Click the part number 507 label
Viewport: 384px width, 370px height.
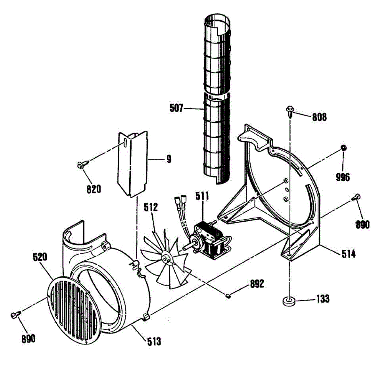176,108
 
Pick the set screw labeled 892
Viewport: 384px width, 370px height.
228,296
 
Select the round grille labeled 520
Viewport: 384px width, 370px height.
74,308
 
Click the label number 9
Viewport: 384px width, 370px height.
169,159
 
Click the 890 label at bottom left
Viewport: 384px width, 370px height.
28,339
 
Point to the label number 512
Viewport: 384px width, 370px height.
151,207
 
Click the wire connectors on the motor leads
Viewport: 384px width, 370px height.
180,201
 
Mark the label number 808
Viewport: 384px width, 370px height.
320,117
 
